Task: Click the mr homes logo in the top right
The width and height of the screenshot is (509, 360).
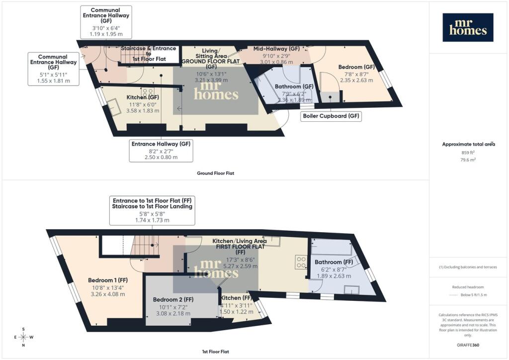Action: click(x=468, y=27)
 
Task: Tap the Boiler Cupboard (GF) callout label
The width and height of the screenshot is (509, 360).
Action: click(x=331, y=116)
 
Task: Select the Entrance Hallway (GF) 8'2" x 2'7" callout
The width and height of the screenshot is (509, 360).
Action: click(x=161, y=150)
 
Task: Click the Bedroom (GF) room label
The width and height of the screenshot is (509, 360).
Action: click(x=356, y=67)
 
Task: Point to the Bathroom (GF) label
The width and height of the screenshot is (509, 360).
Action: click(x=295, y=86)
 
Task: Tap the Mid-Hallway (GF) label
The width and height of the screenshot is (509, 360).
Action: click(x=276, y=49)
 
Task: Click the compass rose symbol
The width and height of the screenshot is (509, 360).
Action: click(x=23, y=337)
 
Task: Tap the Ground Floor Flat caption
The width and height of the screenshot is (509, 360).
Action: click(x=215, y=174)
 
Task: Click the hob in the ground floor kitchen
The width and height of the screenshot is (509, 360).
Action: click(x=147, y=92)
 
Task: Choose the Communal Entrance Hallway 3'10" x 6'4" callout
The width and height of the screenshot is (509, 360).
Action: click(x=105, y=22)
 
